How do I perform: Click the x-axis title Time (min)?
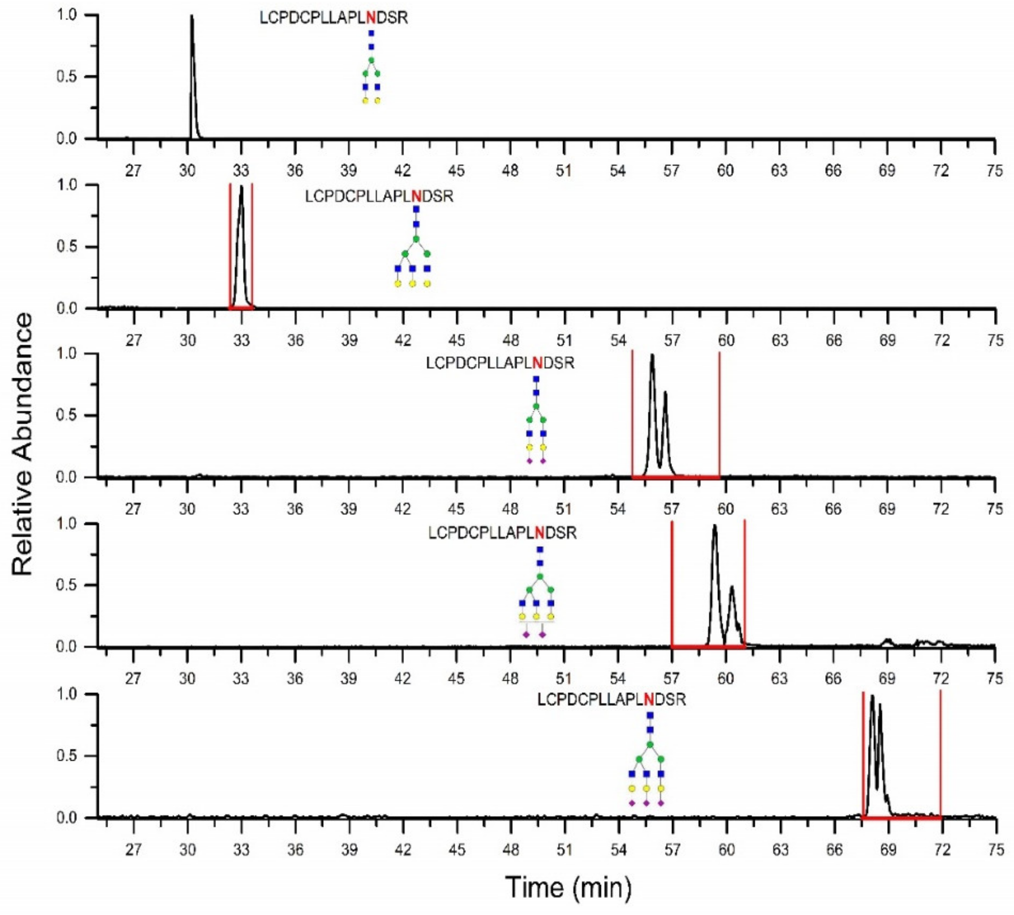(568, 887)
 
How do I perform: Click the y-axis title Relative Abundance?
(23, 445)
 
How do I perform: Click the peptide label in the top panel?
(333, 18)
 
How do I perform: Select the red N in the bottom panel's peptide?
(649, 699)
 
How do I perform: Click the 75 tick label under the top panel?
(994, 171)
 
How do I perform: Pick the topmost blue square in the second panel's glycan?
(416, 209)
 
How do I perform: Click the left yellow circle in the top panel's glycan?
(366, 101)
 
